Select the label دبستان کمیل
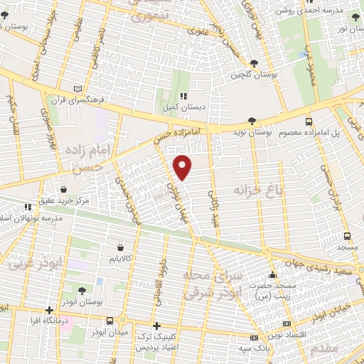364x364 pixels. coord(184,107)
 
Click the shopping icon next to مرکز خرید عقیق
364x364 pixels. coord(65,190)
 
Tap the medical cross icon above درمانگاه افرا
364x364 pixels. coord(49,310)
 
